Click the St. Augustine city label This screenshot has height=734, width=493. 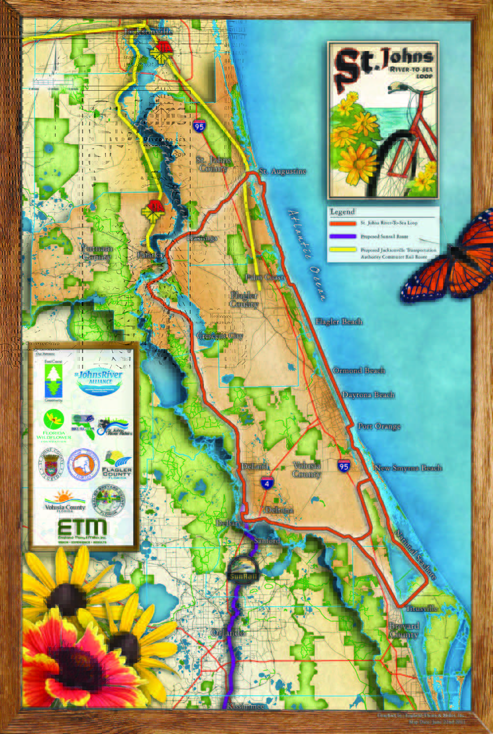click(x=282, y=171)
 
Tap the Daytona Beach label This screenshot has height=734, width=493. click(x=368, y=395)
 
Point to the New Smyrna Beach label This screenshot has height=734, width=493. click(x=408, y=468)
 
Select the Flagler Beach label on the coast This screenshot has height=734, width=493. click(x=339, y=322)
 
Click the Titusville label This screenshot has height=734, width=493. click(x=422, y=608)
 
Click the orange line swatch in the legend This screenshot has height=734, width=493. click(x=343, y=223)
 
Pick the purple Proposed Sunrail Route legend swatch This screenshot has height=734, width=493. click(x=343, y=236)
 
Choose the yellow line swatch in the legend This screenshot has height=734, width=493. click(x=343, y=250)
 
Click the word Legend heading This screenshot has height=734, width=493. click(x=342, y=212)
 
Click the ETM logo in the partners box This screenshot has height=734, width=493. click(x=82, y=529)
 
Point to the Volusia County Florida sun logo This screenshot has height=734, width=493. click(x=65, y=500)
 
